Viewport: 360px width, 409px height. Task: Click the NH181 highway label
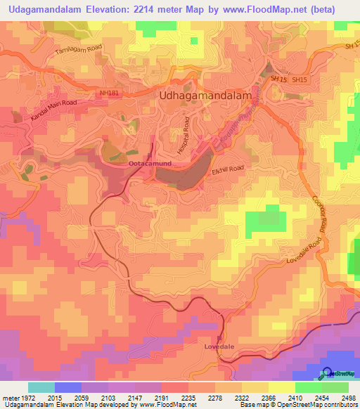[110, 92]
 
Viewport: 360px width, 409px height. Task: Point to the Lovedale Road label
[303, 250]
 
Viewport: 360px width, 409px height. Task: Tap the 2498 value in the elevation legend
[349, 398]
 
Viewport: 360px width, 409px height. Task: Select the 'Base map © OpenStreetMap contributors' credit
[299, 405]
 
